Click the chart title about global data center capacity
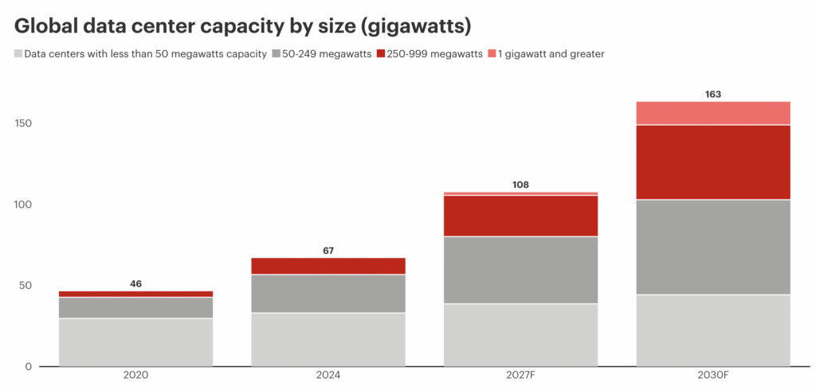coord(243,26)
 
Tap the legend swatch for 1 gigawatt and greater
coord(492,54)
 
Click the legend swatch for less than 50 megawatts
coord(18,54)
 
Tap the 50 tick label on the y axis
coord(23,286)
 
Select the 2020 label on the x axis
coord(136,374)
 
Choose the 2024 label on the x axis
coord(328,374)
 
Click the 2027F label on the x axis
coord(521,374)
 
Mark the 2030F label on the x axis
coord(713,374)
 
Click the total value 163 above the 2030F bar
coord(713,94)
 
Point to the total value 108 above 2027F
coord(521,185)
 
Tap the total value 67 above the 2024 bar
coord(328,251)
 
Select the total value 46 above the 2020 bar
coord(136,284)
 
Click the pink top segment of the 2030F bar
coord(713,113)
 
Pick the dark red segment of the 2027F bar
coord(521,216)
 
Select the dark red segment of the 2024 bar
coord(328,266)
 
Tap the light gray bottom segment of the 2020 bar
coord(136,342)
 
